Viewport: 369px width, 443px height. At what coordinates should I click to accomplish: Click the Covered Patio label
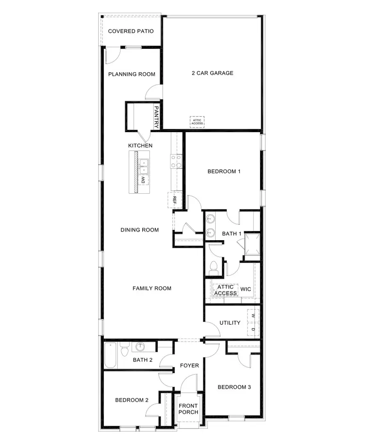131,31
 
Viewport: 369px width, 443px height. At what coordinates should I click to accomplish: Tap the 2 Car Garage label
212,73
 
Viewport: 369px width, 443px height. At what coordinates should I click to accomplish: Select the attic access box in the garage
197,122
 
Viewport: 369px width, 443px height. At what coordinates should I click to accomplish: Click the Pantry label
156,117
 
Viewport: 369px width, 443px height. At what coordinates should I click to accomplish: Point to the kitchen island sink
143,166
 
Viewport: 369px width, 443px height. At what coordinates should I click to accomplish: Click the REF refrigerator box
175,200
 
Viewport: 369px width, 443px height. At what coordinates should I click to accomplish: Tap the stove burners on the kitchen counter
176,161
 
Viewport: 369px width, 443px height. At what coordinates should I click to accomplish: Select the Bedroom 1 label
224,171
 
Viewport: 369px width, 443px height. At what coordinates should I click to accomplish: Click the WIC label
246,289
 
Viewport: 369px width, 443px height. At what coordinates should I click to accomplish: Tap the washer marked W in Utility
253,315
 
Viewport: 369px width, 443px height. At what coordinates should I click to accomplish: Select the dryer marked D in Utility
253,330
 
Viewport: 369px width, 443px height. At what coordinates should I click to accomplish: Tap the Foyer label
189,365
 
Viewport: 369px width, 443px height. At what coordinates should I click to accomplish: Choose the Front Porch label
189,409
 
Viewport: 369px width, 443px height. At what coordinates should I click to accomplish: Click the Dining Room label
139,230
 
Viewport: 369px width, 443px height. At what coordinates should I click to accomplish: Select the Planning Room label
132,74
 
